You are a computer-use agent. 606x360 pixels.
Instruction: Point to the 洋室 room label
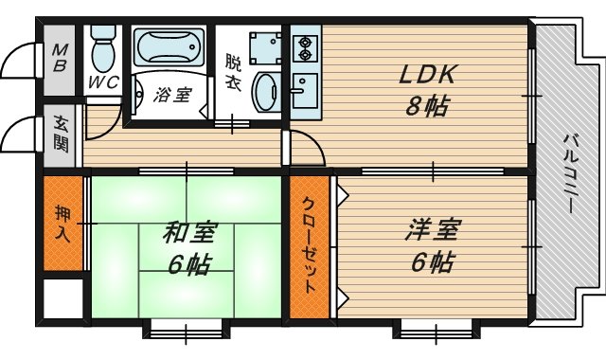click(x=435, y=229)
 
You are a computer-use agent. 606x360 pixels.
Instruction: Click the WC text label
click(x=102, y=82)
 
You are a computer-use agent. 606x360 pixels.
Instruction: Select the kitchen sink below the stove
click(x=305, y=89)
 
